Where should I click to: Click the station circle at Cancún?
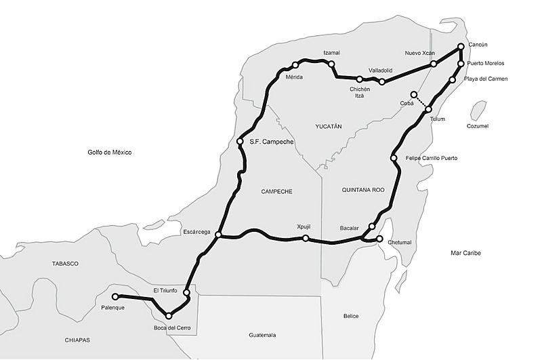(x=461, y=47)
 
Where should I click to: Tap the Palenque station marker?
(x=115, y=296)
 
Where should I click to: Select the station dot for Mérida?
(x=295, y=66)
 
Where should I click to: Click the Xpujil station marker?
(x=306, y=238)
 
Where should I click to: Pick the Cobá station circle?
(x=414, y=94)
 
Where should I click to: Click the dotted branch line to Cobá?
(x=421, y=102)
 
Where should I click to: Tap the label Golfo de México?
(x=110, y=153)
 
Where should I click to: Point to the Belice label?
(x=350, y=316)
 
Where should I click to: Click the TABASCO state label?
(x=65, y=263)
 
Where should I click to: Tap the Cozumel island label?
(x=477, y=126)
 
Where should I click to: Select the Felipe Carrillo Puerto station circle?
(x=394, y=159)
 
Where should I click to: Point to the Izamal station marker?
(x=331, y=64)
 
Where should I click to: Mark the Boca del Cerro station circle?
(x=169, y=316)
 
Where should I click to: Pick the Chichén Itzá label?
(x=360, y=92)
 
